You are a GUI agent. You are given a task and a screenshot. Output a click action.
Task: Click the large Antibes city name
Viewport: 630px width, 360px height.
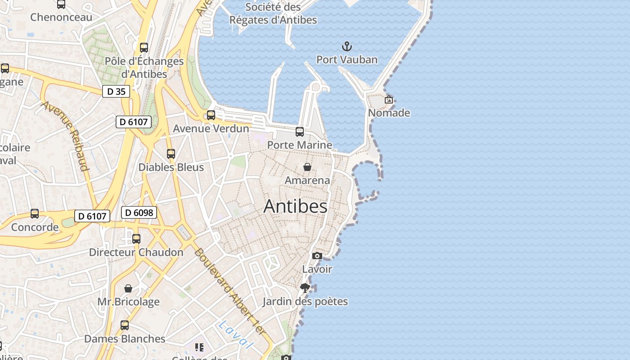pos(295,206)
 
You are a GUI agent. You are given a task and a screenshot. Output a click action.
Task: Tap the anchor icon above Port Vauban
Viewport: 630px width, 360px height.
pos(347,46)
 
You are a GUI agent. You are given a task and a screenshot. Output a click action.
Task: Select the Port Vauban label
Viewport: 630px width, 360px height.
pos(347,59)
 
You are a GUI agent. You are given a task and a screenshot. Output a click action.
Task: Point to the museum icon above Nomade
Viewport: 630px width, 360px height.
pos(389,99)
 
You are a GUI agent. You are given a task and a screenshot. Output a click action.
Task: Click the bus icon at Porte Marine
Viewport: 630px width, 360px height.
pos(300,132)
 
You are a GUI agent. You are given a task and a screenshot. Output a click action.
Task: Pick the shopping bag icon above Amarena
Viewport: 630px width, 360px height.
pos(307,167)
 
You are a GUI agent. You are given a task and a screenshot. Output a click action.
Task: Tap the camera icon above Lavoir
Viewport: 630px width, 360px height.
pos(317,256)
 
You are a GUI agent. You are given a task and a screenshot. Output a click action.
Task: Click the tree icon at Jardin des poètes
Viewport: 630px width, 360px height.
pos(305,288)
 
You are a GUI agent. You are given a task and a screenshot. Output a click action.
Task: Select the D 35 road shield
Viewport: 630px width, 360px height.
pos(116,91)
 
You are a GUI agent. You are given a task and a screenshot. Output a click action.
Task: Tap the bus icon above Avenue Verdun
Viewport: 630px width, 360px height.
pos(211,115)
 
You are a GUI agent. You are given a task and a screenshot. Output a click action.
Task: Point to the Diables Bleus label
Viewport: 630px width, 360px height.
pos(171,167)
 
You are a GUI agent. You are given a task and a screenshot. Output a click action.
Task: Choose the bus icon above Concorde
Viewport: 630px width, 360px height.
pos(35,214)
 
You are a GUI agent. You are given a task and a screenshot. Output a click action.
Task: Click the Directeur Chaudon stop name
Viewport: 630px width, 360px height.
pos(136,252)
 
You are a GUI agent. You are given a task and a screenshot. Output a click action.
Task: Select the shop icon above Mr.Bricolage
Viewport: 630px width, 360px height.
pos(128,288)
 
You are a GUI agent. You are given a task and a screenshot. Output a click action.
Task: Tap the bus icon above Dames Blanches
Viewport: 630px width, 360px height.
pos(125,325)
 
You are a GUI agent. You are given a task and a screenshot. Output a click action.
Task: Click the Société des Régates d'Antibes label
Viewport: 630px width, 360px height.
pos(273,13)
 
